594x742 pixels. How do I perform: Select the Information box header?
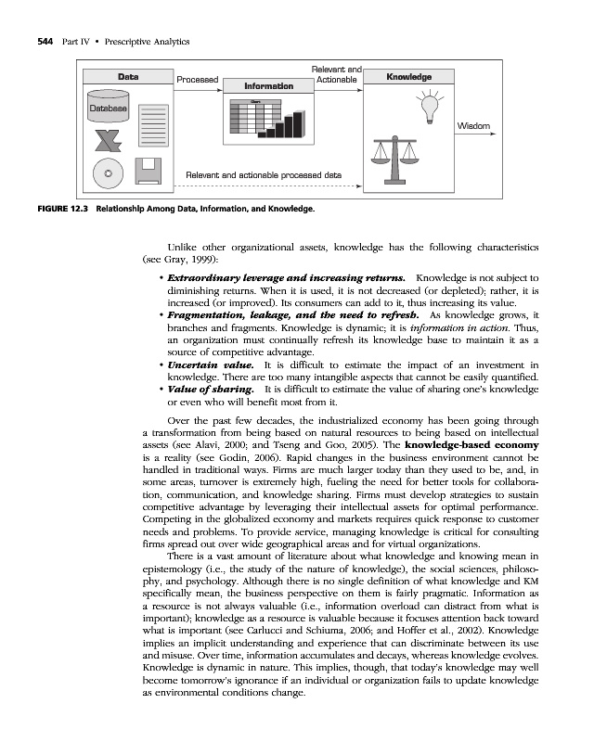(x=268, y=86)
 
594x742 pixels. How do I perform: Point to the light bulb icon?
(x=430, y=106)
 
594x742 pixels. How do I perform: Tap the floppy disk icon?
(x=151, y=171)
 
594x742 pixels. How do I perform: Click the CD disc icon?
(x=110, y=173)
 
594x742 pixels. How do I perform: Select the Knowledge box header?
(x=408, y=77)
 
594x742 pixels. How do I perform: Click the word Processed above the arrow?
(x=197, y=80)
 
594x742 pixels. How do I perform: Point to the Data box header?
(x=128, y=77)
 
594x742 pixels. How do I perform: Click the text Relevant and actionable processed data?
(x=264, y=174)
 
